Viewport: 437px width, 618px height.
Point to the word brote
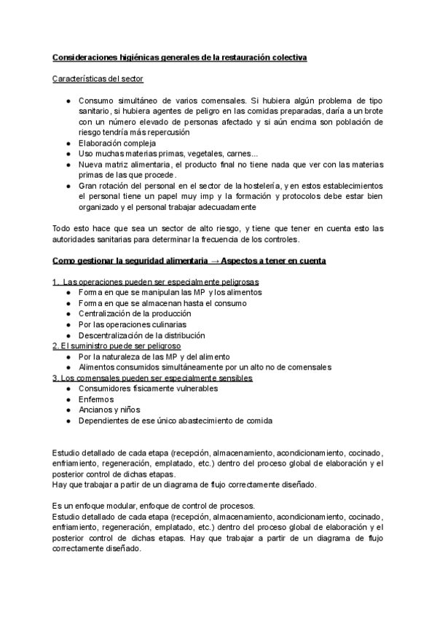(371, 111)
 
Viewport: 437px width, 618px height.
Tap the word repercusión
(168, 133)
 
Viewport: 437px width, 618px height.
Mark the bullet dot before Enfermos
(67, 400)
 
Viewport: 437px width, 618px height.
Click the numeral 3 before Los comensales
(55, 378)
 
